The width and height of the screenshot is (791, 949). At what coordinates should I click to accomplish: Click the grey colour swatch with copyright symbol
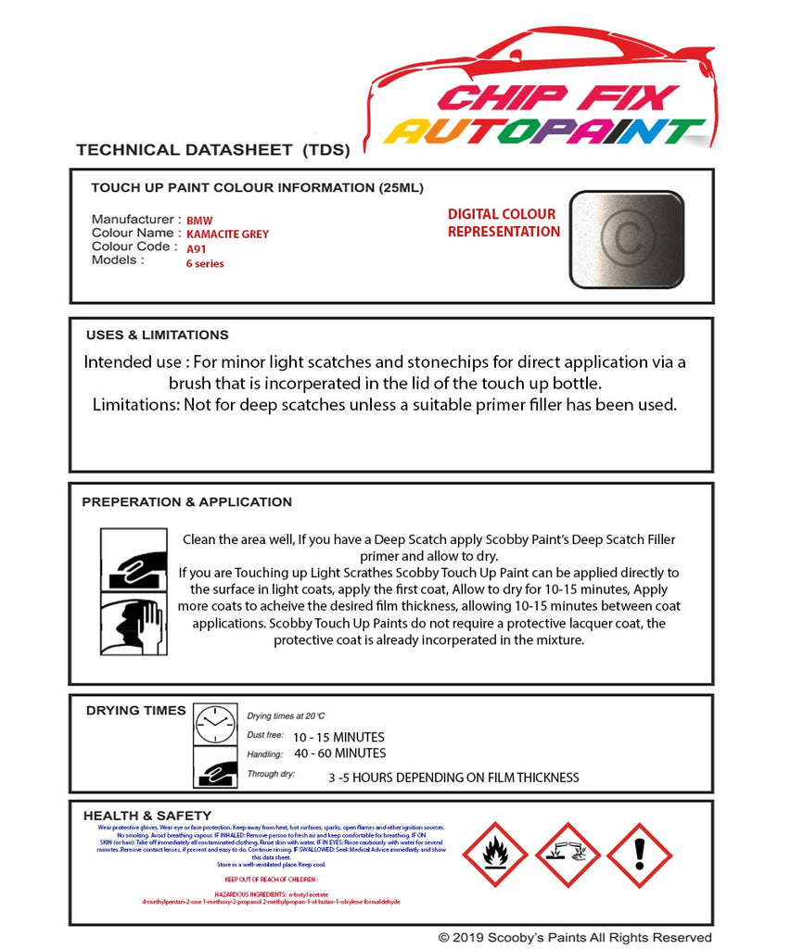626,238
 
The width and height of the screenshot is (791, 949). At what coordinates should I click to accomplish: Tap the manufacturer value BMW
199,221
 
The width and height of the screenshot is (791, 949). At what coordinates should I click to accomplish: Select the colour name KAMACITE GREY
227,234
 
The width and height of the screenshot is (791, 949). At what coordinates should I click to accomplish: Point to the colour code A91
197,248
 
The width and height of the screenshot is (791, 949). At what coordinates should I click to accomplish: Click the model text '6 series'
205,263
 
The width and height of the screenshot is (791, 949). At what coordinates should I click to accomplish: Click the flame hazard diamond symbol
495,854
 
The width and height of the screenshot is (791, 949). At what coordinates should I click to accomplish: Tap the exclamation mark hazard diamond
639,854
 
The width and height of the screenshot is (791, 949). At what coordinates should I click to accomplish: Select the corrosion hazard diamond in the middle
567,854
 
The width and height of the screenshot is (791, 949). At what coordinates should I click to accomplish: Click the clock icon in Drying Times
215,724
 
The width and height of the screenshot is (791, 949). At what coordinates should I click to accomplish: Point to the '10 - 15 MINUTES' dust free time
338,737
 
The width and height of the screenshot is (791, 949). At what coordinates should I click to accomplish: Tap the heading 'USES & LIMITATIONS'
157,335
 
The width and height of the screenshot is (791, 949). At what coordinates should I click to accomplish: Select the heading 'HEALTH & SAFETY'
147,816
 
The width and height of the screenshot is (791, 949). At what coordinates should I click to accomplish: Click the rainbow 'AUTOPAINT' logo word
545,131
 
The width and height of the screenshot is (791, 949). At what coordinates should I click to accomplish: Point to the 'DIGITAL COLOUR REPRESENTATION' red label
504,222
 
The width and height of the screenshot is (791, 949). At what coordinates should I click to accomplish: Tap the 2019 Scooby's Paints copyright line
575,938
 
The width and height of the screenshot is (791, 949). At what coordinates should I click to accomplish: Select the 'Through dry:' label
271,773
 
